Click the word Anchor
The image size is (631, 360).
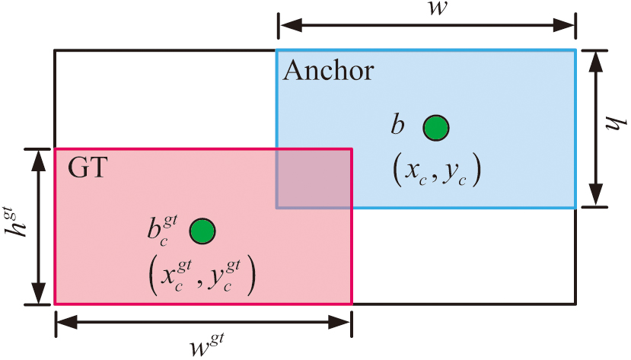(x=328, y=71)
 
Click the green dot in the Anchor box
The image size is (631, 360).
(x=436, y=127)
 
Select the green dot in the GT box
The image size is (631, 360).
(x=202, y=230)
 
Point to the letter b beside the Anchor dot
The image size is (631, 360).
(x=397, y=126)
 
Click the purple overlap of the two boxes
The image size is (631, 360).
(x=313, y=178)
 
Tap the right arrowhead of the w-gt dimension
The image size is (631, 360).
(x=344, y=324)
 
